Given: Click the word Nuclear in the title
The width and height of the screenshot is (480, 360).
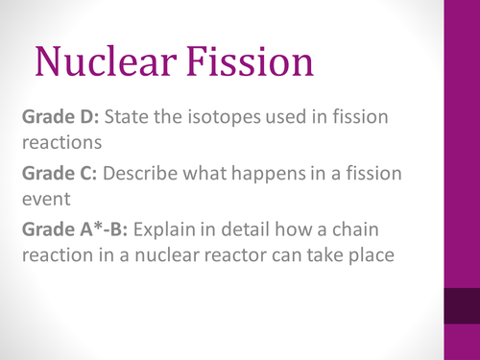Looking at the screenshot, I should [x=107, y=61].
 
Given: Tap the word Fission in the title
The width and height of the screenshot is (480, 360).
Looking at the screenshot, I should [x=252, y=61].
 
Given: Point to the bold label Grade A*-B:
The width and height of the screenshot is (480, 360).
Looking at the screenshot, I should [x=77, y=233].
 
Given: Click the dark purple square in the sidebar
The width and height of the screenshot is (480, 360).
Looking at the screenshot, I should [x=460, y=311].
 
